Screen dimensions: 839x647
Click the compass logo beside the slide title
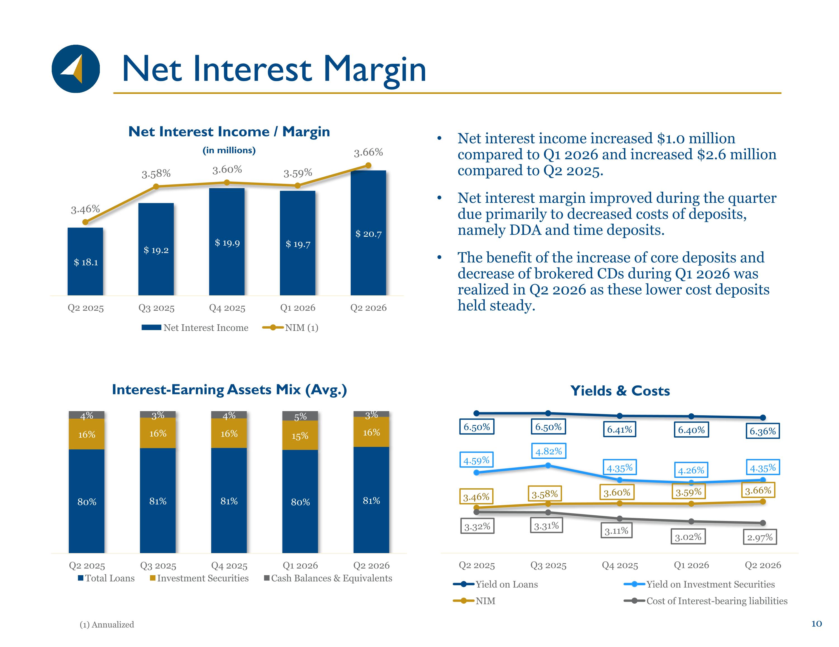coord(76,69)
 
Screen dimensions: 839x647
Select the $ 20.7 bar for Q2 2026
coord(368,233)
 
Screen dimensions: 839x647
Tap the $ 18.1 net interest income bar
coord(85,262)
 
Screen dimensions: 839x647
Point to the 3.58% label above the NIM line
coord(156,174)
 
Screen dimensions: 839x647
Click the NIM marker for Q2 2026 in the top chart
coord(368,165)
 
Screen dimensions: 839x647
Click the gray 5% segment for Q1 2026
coord(300,416)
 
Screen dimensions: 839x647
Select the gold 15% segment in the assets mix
coord(300,435)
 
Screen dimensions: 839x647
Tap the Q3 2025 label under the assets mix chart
coord(158,566)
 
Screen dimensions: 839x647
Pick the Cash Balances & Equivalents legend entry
coord(328,578)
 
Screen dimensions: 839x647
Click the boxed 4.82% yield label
coord(549,451)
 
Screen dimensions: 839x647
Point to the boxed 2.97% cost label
coord(760,537)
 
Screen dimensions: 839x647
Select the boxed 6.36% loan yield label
coord(763,431)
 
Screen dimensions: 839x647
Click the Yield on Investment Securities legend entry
coord(699,584)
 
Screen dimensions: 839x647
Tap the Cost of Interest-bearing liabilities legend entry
coord(705,601)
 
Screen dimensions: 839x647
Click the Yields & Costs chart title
coord(620,391)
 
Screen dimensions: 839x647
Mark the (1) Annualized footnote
coord(107,625)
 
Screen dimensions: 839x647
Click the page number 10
coord(816,624)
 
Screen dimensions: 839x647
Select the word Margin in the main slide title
coord(375,70)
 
